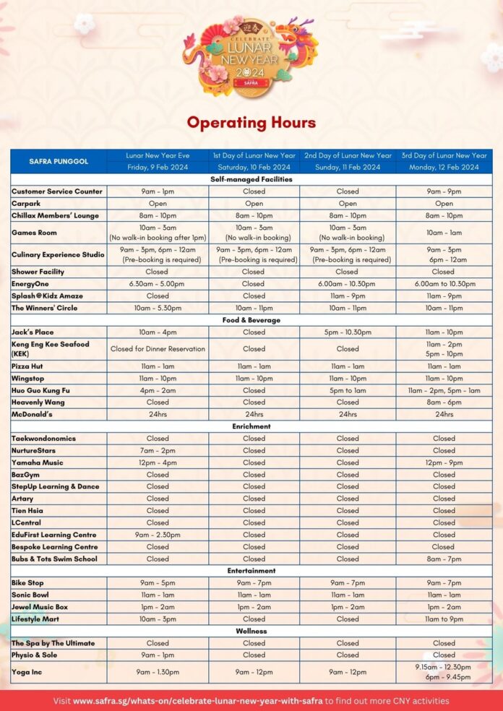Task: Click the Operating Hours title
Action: click(252, 122)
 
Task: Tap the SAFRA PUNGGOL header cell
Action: click(59, 161)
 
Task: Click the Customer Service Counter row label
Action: click(57, 191)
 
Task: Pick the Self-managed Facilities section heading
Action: click(252, 179)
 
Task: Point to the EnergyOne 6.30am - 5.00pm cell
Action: click(158, 284)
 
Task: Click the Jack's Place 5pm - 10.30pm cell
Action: click(348, 332)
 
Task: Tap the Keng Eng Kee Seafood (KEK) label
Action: click(51, 348)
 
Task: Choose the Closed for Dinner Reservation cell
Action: click(158, 348)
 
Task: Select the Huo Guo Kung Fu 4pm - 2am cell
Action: click(158, 390)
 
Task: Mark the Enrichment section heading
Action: click(252, 426)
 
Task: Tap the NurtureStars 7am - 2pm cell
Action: click(158, 450)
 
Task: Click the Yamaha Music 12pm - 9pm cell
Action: click(444, 462)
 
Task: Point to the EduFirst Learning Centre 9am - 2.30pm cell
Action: click(158, 535)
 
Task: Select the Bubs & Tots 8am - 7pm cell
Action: click(444, 559)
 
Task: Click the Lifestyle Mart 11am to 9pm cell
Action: click(444, 619)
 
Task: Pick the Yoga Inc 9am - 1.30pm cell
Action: click(158, 672)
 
